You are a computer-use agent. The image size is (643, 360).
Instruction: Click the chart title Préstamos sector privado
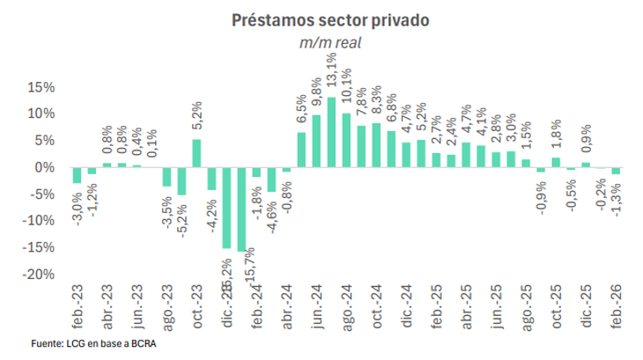(x=321, y=19)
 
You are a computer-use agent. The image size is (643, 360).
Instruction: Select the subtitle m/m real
(x=321, y=42)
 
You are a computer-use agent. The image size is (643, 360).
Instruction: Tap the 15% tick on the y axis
(x=41, y=87)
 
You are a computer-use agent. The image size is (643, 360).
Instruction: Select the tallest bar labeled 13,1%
(x=331, y=132)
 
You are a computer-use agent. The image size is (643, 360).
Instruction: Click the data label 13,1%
(x=331, y=71)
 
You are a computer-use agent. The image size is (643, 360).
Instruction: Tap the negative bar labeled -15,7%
(x=241, y=209)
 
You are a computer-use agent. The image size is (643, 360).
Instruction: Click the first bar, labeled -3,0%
(x=78, y=175)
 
